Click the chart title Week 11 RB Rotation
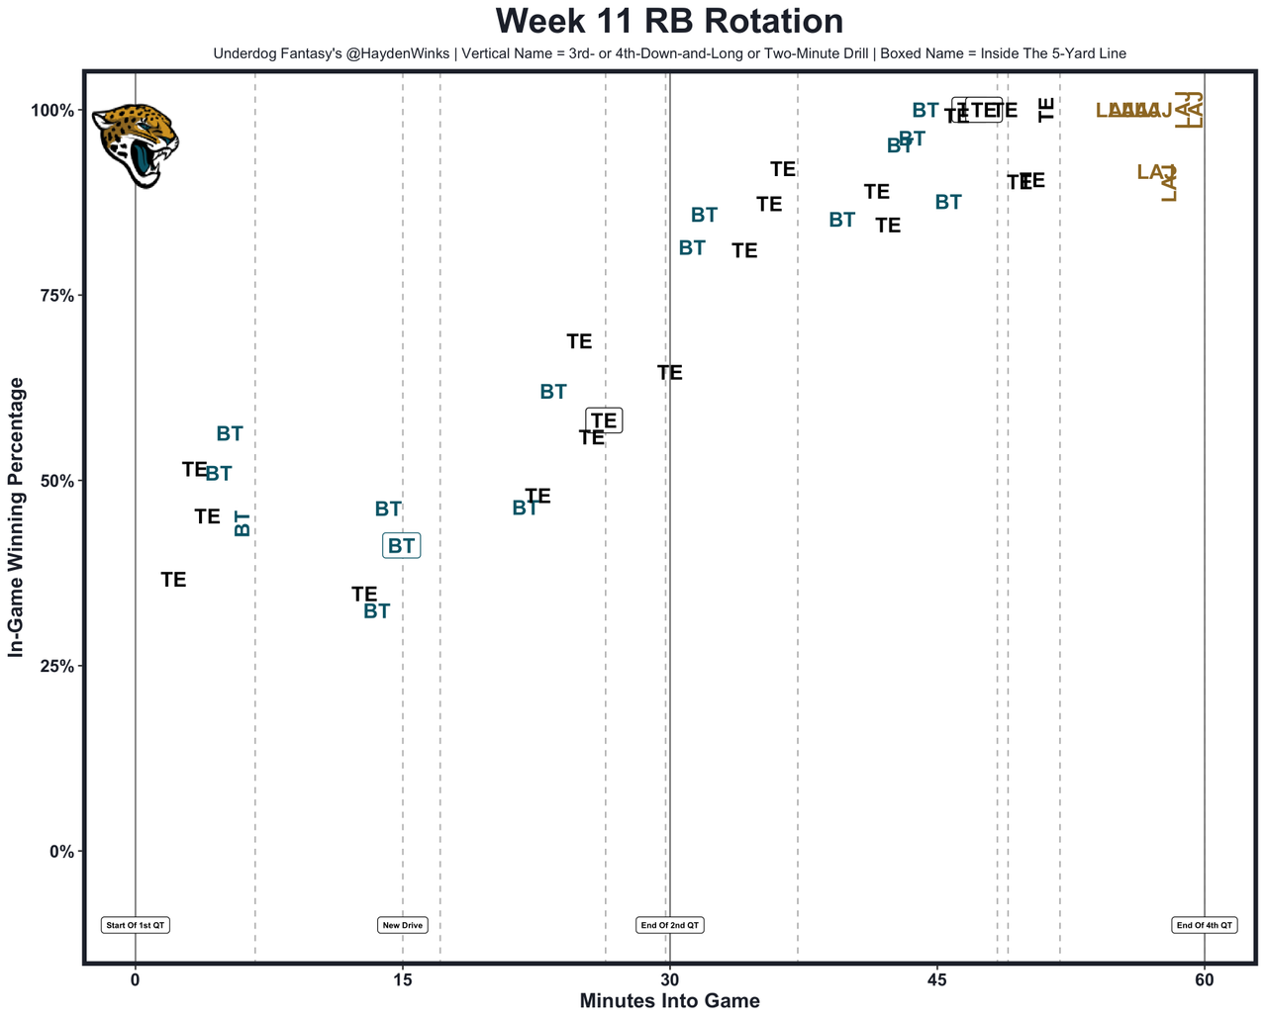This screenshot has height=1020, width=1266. [x=669, y=21]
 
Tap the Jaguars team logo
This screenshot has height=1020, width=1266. [x=136, y=144]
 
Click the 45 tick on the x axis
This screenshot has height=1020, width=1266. [x=936, y=979]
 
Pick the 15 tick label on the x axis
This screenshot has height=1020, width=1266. [x=402, y=979]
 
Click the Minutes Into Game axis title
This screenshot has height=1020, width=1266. [x=669, y=1001]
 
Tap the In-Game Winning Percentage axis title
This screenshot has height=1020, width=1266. [x=16, y=516]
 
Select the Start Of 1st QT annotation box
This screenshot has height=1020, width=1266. [x=136, y=925]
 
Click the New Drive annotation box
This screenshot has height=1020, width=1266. [x=403, y=925]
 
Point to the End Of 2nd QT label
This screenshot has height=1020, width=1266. [x=670, y=925]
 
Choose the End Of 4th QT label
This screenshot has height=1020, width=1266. [x=1205, y=925]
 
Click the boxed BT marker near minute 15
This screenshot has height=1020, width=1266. [x=401, y=545]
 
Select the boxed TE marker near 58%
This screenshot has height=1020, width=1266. [x=604, y=420]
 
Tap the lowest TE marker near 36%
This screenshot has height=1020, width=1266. [x=173, y=580]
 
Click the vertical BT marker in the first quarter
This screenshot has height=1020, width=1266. [x=242, y=523]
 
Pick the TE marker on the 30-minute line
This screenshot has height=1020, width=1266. [x=670, y=373]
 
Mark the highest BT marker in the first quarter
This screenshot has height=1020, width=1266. [x=230, y=433]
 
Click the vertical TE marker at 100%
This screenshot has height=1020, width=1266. [x=1046, y=110]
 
